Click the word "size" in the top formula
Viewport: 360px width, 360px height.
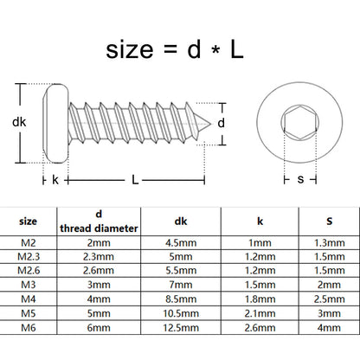[x=130, y=50]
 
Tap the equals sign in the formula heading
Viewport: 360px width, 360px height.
[x=170, y=49]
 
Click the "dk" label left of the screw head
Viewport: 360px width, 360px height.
[x=19, y=122]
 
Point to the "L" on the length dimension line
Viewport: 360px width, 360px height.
[x=135, y=180]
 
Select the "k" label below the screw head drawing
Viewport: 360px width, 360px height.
[x=55, y=180]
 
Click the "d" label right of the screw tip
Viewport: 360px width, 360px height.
[x=221, y=123]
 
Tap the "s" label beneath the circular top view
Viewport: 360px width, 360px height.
[x=300, y=179]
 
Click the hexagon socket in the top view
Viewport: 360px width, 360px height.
[x=300, y=122]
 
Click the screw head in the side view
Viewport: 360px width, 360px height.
[x=55, y=123]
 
